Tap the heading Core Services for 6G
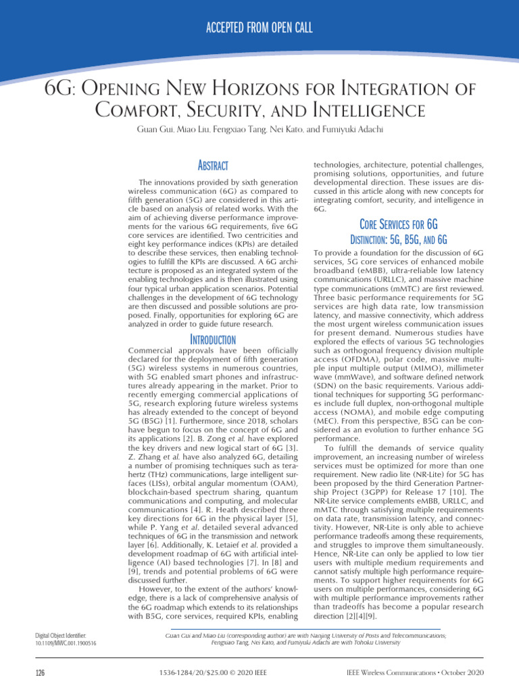[x=399, y=224]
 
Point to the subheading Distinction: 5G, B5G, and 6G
[x=399, y=240]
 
